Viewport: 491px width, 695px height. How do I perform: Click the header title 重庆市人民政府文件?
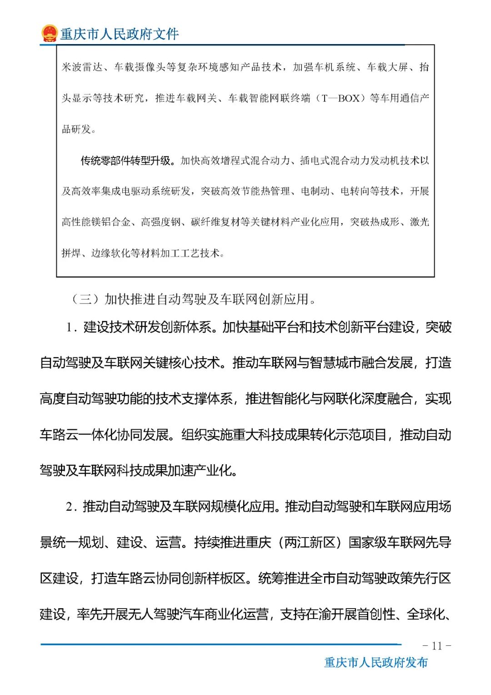point(120,34)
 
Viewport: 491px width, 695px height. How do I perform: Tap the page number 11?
point(436,646)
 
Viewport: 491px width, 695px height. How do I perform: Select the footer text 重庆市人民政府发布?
point(376,663)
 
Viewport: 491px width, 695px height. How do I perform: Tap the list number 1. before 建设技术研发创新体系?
point(71,328)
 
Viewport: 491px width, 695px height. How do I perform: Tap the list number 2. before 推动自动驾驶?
point(71,507)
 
